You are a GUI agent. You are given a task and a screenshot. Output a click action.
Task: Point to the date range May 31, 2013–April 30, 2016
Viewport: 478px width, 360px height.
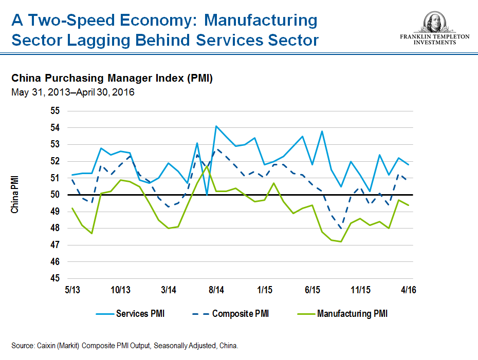72,92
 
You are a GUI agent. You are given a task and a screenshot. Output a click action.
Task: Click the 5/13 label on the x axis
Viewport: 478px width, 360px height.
72,290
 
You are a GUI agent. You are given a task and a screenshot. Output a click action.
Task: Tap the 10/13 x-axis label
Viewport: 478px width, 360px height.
120,290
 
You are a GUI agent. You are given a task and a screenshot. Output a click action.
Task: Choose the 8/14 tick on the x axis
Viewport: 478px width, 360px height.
216,290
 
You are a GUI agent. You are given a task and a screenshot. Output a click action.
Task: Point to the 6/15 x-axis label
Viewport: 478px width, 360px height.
312,290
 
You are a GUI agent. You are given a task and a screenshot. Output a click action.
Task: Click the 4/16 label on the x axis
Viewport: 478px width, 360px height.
409,290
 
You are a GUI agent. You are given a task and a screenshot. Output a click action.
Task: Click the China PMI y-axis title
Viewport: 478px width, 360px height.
15,195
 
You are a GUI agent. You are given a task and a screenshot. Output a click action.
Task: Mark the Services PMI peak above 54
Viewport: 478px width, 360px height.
216,126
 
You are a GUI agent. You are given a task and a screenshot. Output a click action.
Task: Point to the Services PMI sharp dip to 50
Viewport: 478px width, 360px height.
207,195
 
